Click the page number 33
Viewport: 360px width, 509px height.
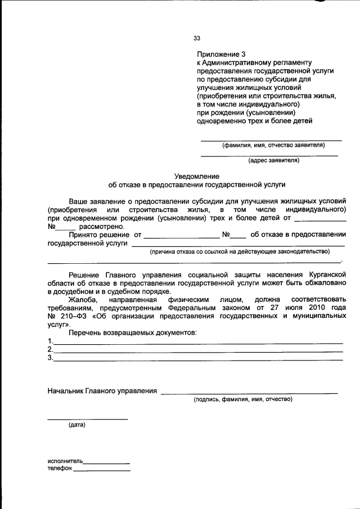click(x=197, y=38)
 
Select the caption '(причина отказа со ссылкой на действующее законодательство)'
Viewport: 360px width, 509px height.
click(x=239, y=251)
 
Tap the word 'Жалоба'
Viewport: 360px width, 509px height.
click(x=82, y=300)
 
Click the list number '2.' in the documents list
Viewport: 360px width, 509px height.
click(x=51, y=349)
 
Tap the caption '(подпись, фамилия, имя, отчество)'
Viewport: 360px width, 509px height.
click(x=243, y=399)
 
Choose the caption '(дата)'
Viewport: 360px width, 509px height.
click(x=77, y=425)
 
